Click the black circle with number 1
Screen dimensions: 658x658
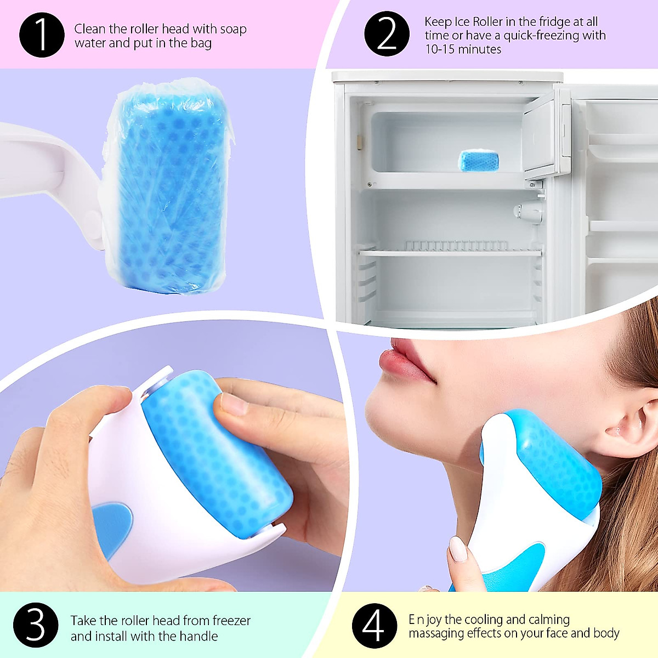42,35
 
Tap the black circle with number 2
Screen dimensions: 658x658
387,34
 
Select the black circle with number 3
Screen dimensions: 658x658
36,625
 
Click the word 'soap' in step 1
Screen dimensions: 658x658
233,29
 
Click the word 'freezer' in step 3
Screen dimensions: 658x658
231,621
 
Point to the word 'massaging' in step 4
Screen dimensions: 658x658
436,634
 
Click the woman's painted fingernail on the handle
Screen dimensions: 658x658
458,549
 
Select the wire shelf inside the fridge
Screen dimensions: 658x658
450,251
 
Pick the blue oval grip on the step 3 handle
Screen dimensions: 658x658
112,526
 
